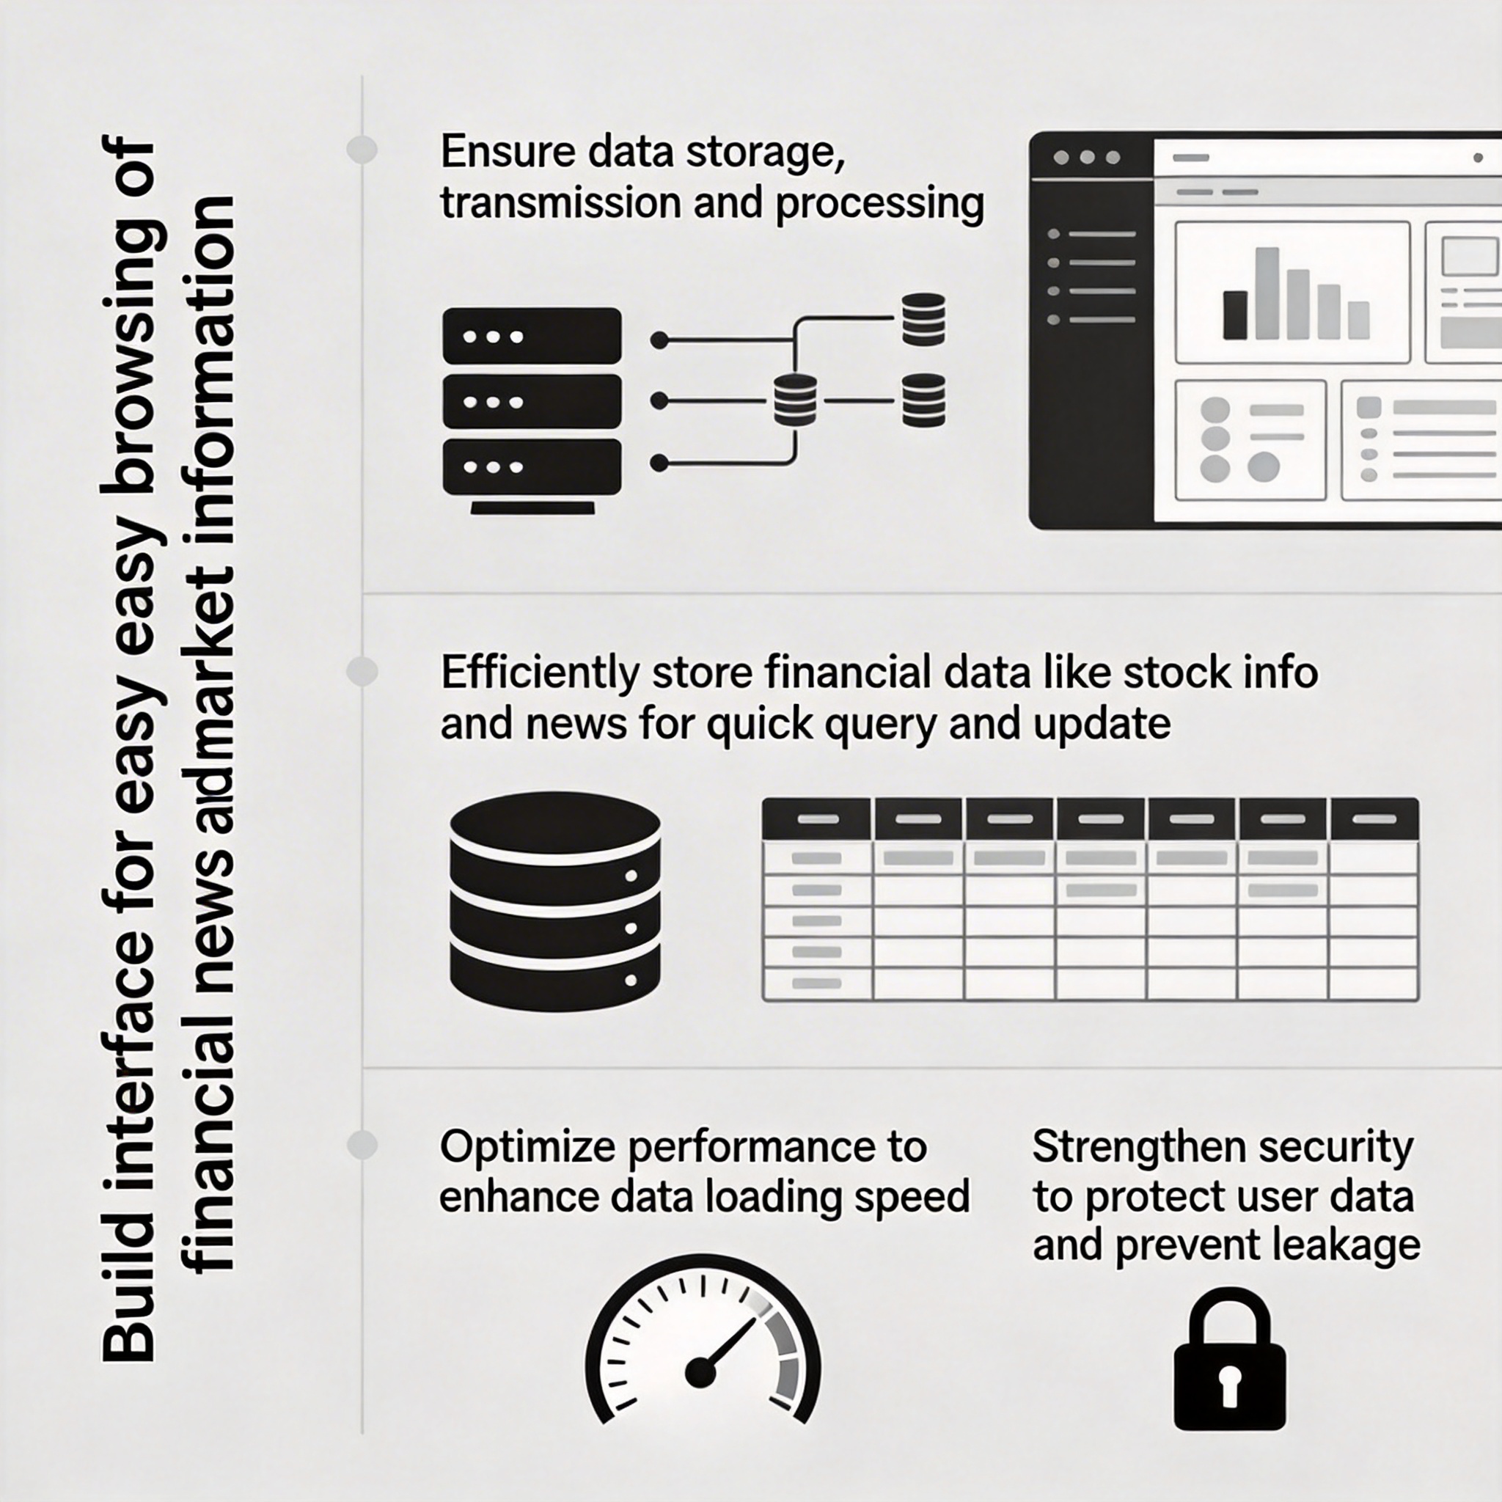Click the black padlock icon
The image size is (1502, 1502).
(x=1229, y=1369)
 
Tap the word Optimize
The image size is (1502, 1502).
(x=528, y=1148)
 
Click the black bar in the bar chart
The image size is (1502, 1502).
(x=1234, y=315)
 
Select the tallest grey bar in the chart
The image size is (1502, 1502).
(x=1267, y=293)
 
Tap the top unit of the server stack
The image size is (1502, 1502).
(x=532, y=336)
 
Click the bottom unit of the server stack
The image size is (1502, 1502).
(x=532, y=466)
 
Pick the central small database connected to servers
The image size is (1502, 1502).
(x=795, y=400)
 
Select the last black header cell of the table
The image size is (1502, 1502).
(x=1374, y=818)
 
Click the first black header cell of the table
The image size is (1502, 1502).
(x=816, y=818)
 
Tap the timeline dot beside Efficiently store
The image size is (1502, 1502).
(x=362, y=671)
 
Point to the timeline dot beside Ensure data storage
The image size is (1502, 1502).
(x=362, y=150)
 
